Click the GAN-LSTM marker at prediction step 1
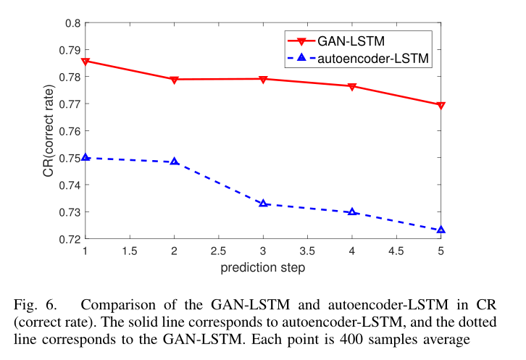point(85,62)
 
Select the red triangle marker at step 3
point(263,79)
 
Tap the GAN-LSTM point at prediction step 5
point(441,105)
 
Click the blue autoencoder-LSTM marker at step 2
point(174,162)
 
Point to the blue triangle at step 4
point(352,212)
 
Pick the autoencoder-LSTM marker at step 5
point(441,230)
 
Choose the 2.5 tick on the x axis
point(218,251)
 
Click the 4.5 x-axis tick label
point(396,251)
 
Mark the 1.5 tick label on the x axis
point(129,251)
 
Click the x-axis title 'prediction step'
point(262,267)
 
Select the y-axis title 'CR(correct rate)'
point(48,131)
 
